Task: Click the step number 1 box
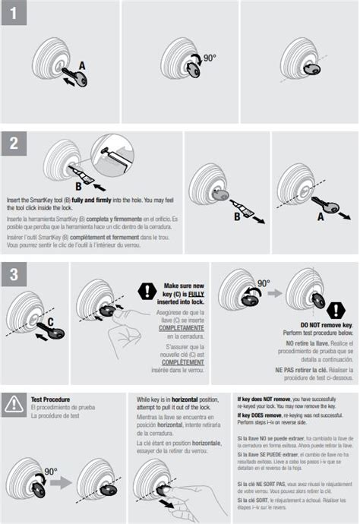click(x=13, y=14)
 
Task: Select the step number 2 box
click(x=13, y=144)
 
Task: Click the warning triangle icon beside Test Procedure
click(x=14, y=404)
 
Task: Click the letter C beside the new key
click(x=50, y=321)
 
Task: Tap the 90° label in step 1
click(x=209, y=56)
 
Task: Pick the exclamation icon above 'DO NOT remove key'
click(x=335, y=310)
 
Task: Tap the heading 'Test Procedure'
click(x=51, y=399)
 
